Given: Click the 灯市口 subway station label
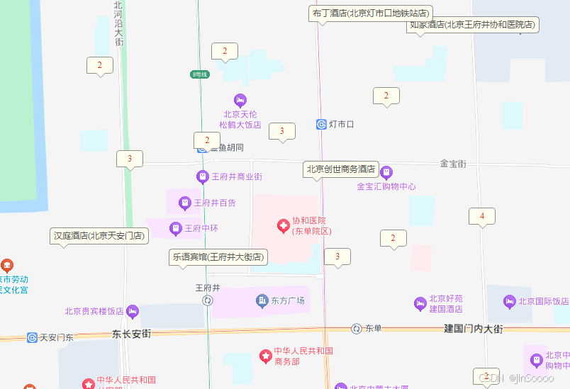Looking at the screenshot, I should click(341, 125).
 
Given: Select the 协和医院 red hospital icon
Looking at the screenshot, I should click(283, 226).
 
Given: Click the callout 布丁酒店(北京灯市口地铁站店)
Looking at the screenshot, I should click(371, 13).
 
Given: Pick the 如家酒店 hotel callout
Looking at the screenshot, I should click(473, 25).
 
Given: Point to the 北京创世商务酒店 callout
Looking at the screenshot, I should click(340, 169).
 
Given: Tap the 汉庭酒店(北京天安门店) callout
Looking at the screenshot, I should click(99, 236).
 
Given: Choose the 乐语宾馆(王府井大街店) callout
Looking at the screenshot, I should click(218, 256).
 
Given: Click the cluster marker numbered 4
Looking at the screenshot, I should click(482, 216).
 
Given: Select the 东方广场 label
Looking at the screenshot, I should click(288, 301).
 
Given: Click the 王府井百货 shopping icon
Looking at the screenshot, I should click(185, 203).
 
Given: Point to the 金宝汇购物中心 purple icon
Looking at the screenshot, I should click(386, 172).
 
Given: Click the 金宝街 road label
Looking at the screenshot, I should click(453, 164).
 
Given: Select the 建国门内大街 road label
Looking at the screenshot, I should click(474, 329).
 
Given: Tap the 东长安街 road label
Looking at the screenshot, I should click(132, 334).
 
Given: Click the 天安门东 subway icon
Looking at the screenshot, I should click(33, 337).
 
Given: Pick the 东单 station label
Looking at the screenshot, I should click(373, 329).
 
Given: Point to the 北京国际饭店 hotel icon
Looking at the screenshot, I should click(509, 301).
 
